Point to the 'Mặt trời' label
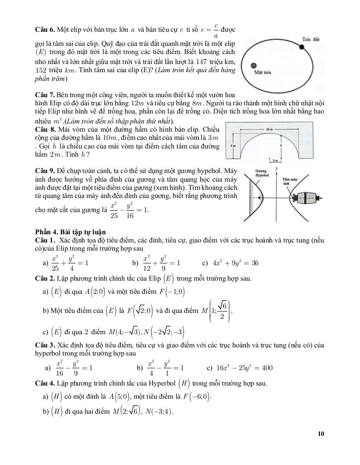[x=262, y=73]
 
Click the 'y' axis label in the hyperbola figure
[x=276, y=168]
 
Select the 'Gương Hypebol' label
[x=263, y=172]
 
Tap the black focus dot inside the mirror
[x=260, y=198]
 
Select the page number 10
[x=321, y=434]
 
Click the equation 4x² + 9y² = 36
[x=236, y=263]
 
